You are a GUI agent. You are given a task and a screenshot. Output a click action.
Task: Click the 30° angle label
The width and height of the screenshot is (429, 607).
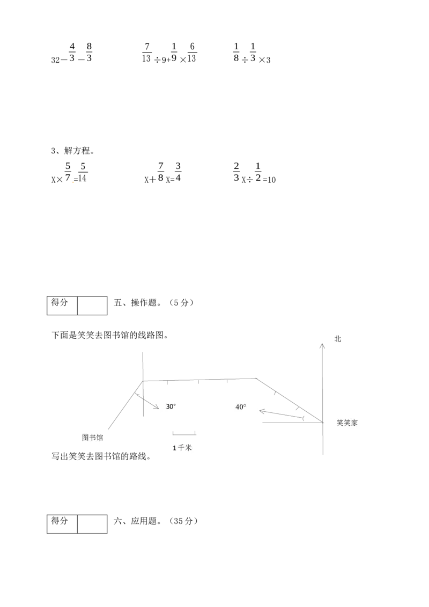click(x=171, y=406)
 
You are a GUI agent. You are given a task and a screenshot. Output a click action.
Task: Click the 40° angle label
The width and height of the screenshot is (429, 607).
click(x=240, y=407)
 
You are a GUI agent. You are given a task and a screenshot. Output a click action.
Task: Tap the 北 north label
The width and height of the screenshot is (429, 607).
click(x=338, y=339)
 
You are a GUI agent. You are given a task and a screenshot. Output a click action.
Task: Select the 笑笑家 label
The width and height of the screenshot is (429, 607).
click(x=347, y=423)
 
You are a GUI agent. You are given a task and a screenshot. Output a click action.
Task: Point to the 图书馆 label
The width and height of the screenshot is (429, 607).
click(x=93, y=438)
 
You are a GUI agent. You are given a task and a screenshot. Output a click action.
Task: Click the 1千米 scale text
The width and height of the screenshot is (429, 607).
click(x=182, y=448)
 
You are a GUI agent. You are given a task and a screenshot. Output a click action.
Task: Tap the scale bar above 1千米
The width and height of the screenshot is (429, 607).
click(x=184, y=433)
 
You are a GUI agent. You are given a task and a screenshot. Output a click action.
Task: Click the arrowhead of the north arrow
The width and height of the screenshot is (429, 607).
click(x=322, y=345)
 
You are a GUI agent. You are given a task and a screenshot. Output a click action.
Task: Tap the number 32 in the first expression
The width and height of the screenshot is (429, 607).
click(x=55, y=60)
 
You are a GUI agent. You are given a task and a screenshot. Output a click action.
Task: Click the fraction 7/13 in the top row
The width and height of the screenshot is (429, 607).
click(x=146, y=53)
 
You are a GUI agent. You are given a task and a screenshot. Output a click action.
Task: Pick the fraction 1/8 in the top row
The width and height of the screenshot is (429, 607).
click(x=236, y=52)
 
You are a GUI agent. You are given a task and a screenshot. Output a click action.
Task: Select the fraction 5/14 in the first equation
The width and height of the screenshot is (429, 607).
click(x=83, y=172)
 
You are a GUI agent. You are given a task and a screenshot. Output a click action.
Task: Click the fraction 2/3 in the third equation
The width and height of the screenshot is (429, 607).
click(x=236, y=172)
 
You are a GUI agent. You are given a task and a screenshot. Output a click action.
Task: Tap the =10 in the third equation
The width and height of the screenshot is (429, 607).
click(x=270, y=180)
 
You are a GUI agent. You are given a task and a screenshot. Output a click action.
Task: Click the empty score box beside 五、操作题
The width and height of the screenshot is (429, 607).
click(x=92, y=306)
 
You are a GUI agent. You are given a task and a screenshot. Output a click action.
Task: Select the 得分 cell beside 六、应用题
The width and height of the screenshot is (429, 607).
click(x=62, y=524)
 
